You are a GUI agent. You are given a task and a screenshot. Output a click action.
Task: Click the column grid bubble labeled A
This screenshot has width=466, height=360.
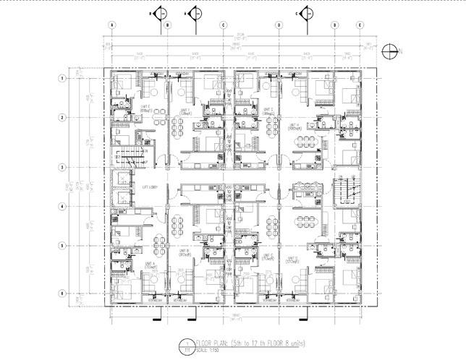(113, 24)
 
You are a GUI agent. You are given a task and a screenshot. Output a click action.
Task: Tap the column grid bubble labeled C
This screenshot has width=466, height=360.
(223, 24)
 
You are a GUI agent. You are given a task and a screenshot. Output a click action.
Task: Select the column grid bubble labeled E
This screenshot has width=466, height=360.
(360, 24)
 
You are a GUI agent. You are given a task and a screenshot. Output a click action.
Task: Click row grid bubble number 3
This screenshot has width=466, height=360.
(63, 167)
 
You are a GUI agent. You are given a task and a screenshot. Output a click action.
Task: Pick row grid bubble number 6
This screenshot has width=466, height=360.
(63, 293)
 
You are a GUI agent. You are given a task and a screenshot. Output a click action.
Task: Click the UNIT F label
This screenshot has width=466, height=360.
(186, 112)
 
